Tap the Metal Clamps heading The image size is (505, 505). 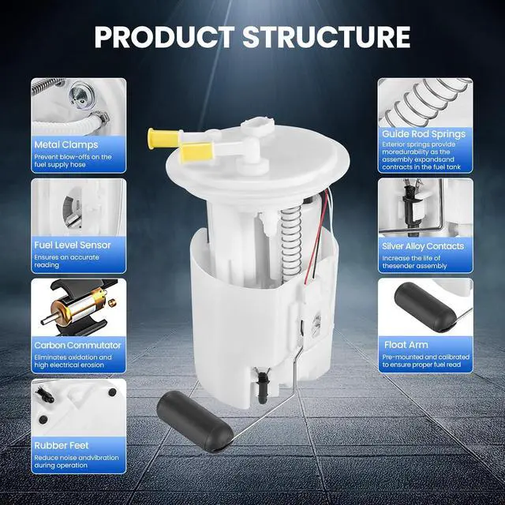(x=66, y=145)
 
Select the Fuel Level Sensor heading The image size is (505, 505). (x=73, y=245)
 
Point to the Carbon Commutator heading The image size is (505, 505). (x=77, y=346)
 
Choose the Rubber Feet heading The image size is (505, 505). (x=62, y=445)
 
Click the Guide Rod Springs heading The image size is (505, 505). (x=424, y=134)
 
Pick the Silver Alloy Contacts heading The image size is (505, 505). (x=423, y=246)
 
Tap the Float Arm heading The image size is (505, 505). (x=406, y=345)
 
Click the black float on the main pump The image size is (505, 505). (x=195, y=421)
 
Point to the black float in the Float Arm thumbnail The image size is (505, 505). (x=425, y=307)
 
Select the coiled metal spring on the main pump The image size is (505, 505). (x=291, y=244)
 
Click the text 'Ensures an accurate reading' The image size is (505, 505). (x=66, y=261)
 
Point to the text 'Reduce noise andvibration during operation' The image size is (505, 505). (x=77, y=462)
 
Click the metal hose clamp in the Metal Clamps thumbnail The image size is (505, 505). (x=100, y=118)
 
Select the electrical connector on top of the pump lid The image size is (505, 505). (x=259, y=125)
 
